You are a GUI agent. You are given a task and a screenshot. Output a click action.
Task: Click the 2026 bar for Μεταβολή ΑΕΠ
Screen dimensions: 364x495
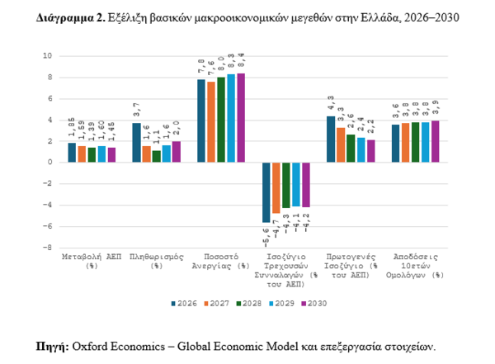click(72, 152)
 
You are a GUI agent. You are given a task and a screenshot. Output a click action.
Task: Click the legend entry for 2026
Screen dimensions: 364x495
click(182, 304)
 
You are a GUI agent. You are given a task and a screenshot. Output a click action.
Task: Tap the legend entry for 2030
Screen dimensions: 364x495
click(313, 304)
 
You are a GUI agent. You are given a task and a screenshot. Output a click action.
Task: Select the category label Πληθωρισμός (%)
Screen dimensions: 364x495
click(155, 262)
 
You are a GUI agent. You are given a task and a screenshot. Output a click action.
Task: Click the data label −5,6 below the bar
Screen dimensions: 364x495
click(266, 239)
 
